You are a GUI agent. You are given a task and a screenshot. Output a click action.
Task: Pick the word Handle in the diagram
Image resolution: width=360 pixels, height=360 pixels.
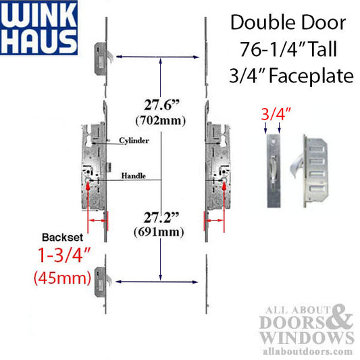click(132, 176)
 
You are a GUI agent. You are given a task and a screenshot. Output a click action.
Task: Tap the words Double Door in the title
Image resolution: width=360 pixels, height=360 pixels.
click(288, 22)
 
